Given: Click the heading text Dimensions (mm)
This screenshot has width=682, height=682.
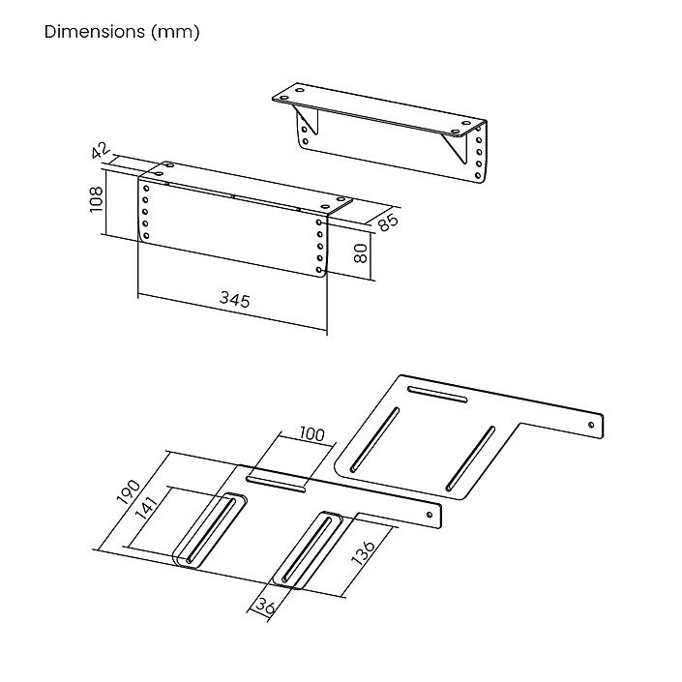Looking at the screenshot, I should (122, 32).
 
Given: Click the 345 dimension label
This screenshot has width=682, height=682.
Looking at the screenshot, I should (233, 300).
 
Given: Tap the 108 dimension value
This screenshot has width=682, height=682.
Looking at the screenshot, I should (96, 198).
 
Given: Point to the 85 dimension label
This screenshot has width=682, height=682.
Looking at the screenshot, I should (388, 222).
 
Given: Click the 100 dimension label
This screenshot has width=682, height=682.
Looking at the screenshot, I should (311, 435).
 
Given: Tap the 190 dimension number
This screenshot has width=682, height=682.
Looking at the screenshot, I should (129, 493).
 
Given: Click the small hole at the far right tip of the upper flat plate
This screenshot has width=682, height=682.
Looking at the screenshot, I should (591, 423).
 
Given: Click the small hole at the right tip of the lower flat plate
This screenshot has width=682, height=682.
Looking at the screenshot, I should (430, 516).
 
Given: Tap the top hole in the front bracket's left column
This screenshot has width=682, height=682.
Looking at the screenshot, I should (146, 187).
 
